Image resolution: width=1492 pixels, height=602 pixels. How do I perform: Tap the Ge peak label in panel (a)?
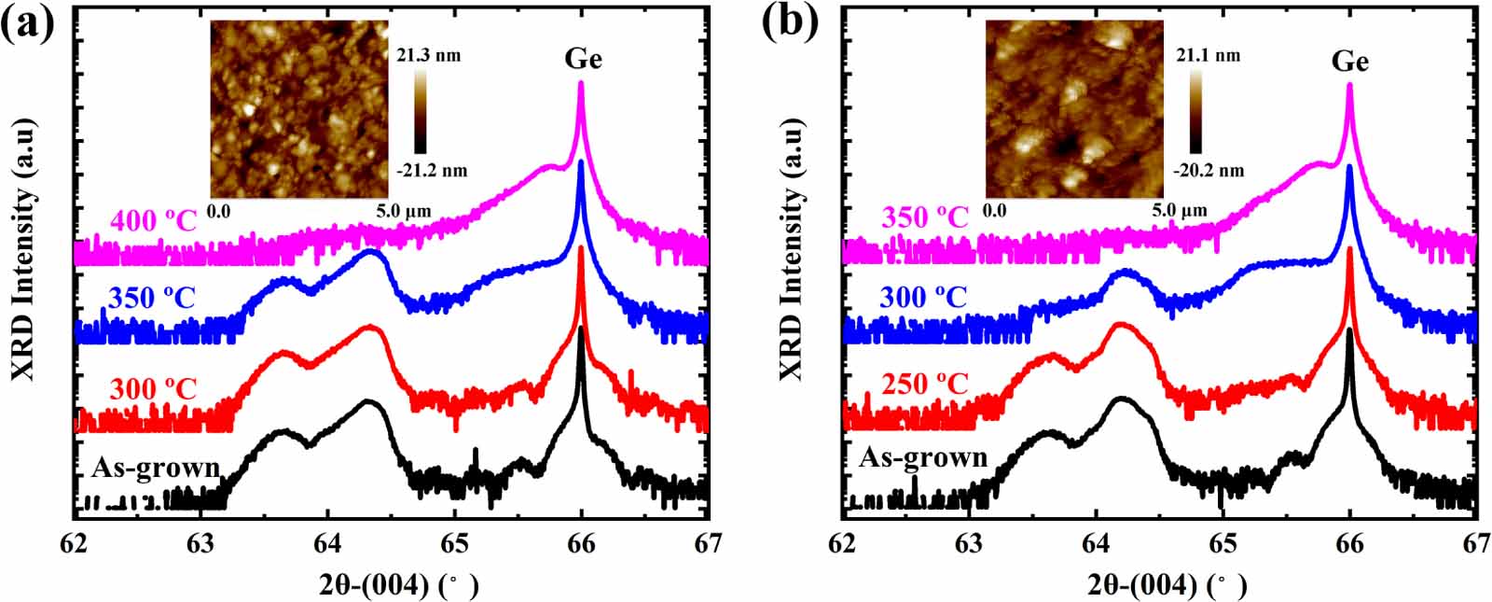[x=583, y=59]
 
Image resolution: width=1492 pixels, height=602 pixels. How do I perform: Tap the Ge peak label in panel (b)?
[x=1349, y=62]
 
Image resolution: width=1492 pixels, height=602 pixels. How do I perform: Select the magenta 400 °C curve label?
[x=153, y=222]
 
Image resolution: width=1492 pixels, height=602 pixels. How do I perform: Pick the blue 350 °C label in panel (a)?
[x=151, y=299]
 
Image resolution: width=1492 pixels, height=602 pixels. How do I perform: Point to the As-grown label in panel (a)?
[x=155, y=467]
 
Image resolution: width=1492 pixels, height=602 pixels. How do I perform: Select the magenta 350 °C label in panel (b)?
[x=923, y=217]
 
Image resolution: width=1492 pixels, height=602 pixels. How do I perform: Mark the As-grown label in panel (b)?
[x=922, y=457]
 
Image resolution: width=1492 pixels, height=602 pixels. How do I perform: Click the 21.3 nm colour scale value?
[x=428, y=56]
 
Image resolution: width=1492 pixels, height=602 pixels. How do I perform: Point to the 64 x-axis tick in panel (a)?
[x=327, y=542]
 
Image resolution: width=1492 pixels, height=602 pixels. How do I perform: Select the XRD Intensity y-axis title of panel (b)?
[x=790, y=249]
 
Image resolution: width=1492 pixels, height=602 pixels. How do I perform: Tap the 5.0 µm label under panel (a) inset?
[x=403, y=211]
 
